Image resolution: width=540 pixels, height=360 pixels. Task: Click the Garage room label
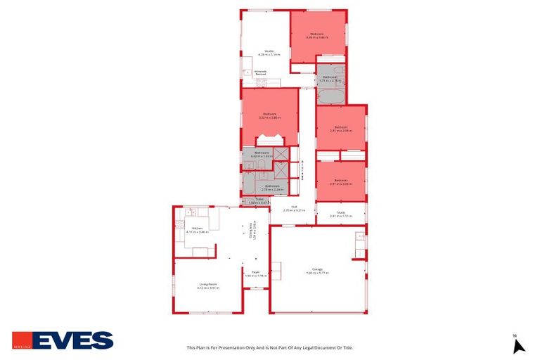pyautogui.click(x=318, y=271)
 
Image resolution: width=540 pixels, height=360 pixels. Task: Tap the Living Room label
pyautogui.click(x=208, y=285)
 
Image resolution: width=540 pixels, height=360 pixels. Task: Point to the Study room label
pyautogui.click(x=340, y=214)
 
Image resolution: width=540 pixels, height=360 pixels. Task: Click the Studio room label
pyautogui.click(x=269, y=52)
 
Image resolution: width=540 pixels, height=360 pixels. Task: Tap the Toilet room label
pyautogui.click(x=259, y=201)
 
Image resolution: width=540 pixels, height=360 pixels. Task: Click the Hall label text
pyautogui.click(x=294, y=208)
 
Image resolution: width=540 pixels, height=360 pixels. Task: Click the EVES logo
pyautogui.click(x=63, y=340)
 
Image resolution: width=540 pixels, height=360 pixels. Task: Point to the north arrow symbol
pyautogui.click(x=519, y=345)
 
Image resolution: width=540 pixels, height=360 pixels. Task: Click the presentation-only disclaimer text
pyautogui.click(x=269, y=347)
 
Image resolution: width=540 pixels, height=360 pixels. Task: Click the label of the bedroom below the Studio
pyautogui.click(x=269, y=116)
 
